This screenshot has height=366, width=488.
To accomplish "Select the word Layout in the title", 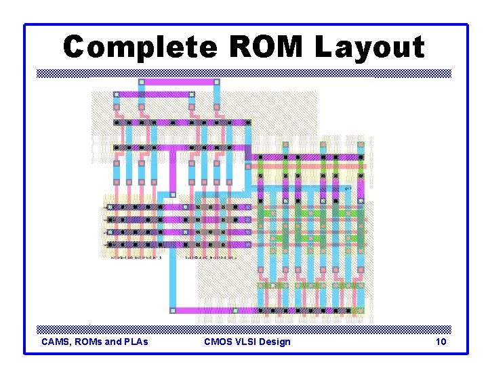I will coord(369,47).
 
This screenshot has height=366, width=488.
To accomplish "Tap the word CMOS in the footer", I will coord(218,342).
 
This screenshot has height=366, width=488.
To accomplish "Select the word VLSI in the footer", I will coord(249,342).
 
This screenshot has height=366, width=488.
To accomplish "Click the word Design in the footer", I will coord(276,342).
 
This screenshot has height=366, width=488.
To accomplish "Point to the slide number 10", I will coord(441,342).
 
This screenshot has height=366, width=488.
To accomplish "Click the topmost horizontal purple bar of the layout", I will coord(179,82).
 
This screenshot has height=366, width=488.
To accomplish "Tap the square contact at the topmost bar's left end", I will coord(142,82).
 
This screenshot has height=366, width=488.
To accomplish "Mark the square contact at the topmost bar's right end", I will coord(217,82).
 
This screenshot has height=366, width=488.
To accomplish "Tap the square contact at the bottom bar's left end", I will coord(172,310).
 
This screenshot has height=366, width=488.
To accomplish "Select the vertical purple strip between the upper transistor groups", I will coord(172,173).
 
